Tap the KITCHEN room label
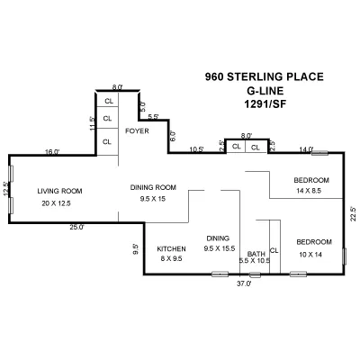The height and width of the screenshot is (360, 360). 171,248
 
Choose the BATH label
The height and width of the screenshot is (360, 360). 256,254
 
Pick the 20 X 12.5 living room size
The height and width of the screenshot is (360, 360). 56,203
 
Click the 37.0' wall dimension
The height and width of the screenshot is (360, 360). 243,283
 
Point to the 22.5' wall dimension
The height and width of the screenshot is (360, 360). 354,214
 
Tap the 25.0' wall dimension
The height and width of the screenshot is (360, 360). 76,227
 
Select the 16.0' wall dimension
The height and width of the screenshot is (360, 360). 52,152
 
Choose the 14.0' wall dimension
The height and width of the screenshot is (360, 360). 306,148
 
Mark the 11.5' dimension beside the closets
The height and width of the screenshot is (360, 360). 92,123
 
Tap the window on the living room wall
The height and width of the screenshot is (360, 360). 10,190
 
